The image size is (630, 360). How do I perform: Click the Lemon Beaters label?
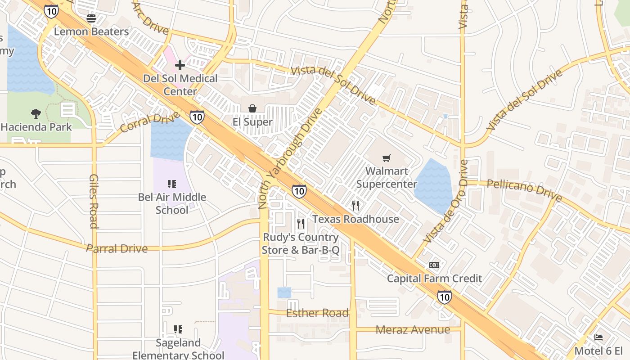coord(91,31)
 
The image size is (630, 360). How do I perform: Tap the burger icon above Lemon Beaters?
coord(91,18)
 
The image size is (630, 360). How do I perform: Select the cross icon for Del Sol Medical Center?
coord(180,65)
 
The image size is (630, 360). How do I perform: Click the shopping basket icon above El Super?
coord(252,108)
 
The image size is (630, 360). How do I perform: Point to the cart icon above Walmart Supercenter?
coord(386,158)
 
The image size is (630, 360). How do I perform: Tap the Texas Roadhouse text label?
coord(355,219)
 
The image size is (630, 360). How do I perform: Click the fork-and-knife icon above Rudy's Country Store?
coord(301,224)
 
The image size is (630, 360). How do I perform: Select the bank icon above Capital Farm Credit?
coord(434,265)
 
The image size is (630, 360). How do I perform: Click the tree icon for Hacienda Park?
coord(36,114)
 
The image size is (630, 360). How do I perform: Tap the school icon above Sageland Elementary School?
coord(178,329)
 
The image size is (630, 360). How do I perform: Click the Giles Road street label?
coord(94,201)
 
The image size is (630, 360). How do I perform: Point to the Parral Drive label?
coord(117,248)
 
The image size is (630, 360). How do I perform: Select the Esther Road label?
coord(317,313)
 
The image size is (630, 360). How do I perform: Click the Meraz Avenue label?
coord(413,330)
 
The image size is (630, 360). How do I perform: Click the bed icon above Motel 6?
coord(598,337)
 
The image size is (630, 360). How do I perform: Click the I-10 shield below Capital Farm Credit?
coord(445,297)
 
